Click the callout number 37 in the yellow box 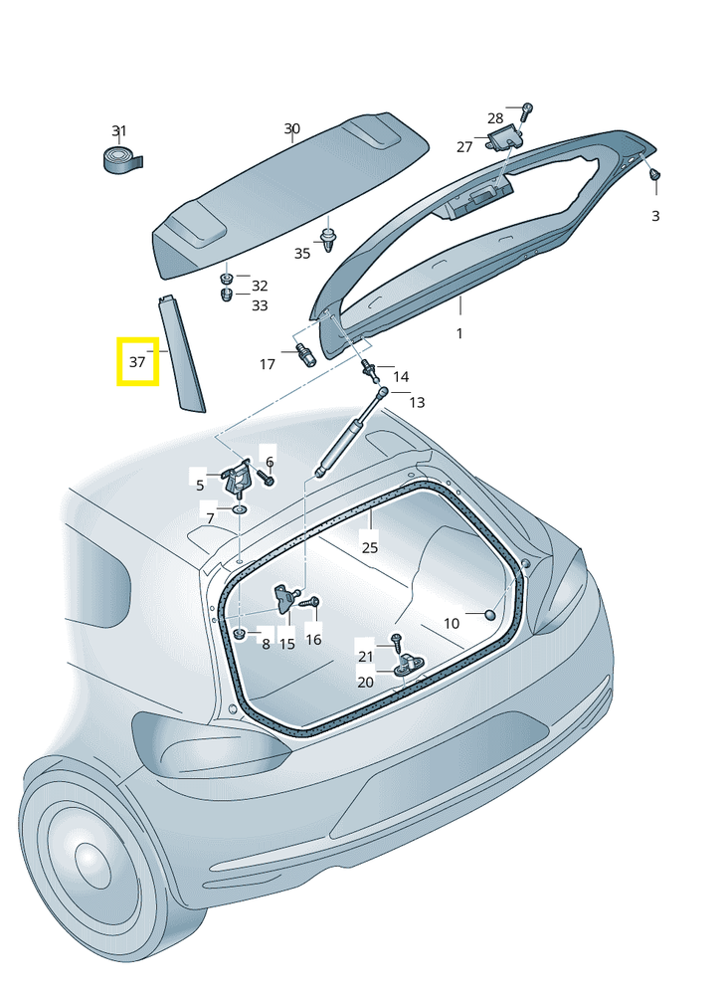tap(137, 362)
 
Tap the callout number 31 tap(119, 131)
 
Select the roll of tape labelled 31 tap(122, 159)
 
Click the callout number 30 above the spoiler tap(291, 128)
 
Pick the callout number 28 tap(495, 118)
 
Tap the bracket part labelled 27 tap(503, 137)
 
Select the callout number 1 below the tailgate tap(459, 333)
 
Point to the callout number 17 tap(268, 364)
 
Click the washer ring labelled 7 tap(240, 509)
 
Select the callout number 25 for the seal tap(370, 547)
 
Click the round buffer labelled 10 tap(491, 614)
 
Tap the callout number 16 tap(314, 639)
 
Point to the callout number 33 tap(260, 305)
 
